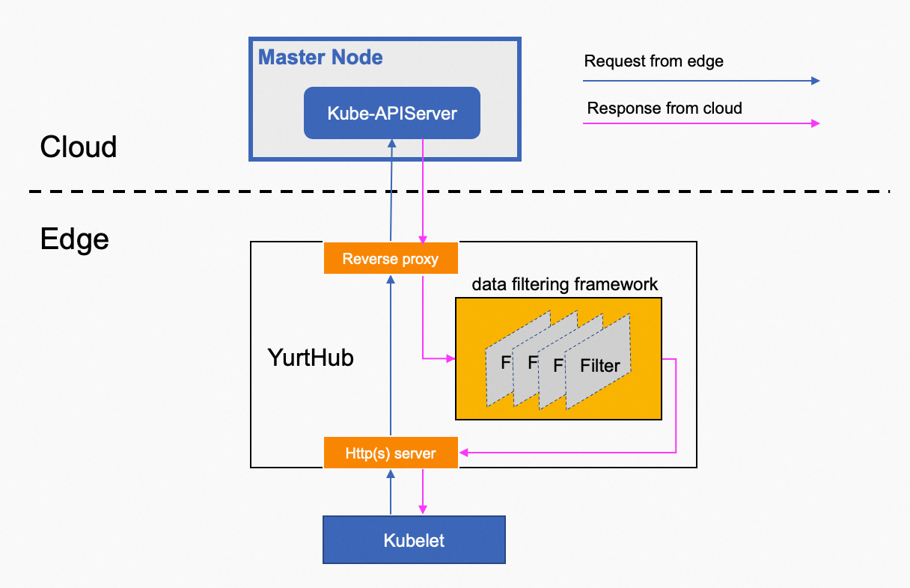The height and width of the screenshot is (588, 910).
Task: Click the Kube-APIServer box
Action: click(x=391, y=113)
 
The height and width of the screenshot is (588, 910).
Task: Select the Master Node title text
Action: click(x=320, y=57)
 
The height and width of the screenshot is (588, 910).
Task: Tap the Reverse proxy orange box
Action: click(x=390, y=259)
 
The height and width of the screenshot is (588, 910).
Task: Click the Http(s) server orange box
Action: click(x=390, y=453)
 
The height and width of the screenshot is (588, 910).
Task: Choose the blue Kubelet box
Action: click(x=414, y=539)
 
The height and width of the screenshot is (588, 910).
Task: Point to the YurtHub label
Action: click(x=311, y=358)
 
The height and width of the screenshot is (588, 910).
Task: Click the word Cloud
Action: click(x=79, y=147)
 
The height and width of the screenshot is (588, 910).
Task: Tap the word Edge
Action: click(x=74, y=239)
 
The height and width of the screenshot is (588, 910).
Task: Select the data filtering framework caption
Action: click(x=565, y=284)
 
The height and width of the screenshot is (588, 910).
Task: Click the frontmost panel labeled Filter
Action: click(x=599, y=365)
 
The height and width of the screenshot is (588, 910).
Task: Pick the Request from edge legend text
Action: click(x=653, y=61)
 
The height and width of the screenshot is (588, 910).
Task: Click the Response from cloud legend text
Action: click(x=665, y=108)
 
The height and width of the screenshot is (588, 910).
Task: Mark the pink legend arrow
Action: click(x=702, y=123)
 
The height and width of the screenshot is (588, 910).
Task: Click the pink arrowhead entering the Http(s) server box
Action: click(x=464, y=453)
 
